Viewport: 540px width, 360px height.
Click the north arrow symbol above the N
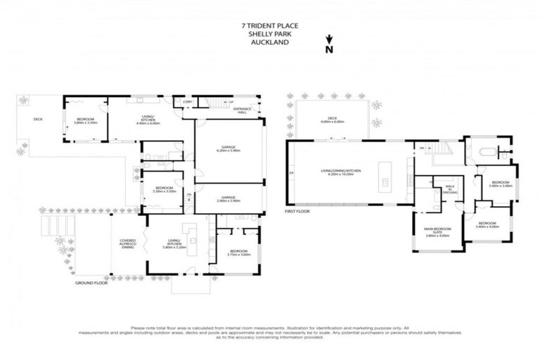click(x=328, y=40)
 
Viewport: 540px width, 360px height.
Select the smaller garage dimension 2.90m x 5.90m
click(x=230, y=201)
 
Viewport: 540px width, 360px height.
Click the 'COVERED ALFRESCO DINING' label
click(x=127, y=243)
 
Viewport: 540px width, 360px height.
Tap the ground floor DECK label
click(x=38, y=119)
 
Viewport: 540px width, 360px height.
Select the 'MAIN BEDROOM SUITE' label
click(x=437, y=232)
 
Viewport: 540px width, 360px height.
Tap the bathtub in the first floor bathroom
click(x=485, y=151)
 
